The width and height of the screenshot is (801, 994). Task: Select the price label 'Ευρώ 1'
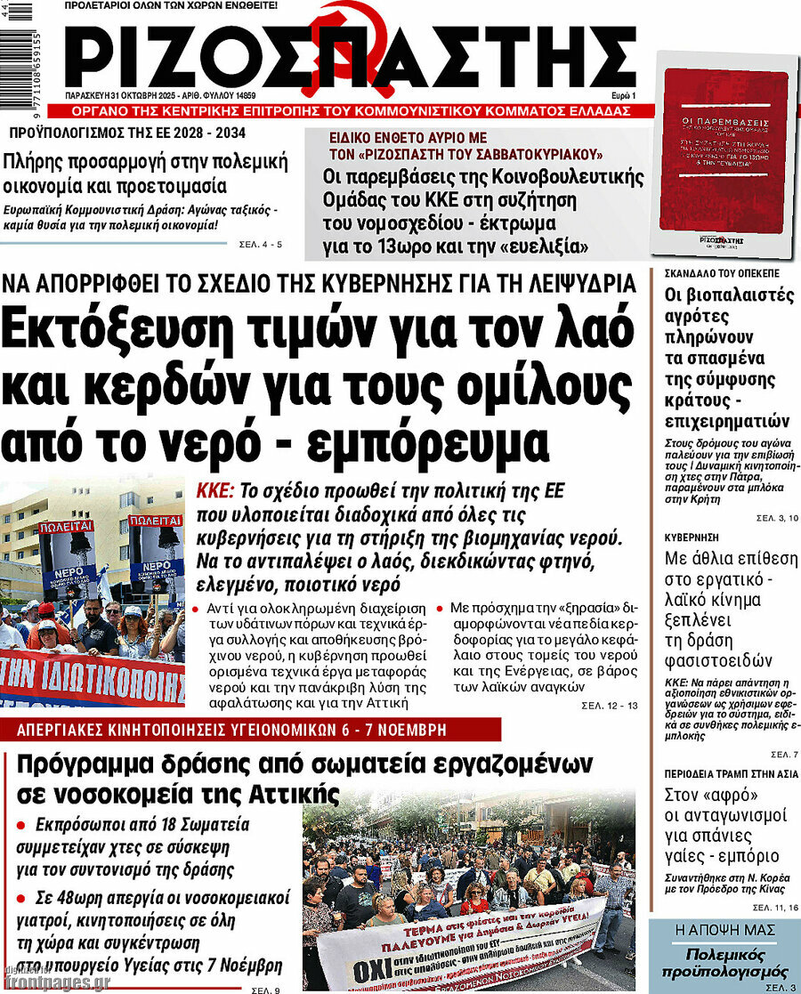[622, 95]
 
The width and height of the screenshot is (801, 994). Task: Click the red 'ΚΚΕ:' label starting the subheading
[214, 491]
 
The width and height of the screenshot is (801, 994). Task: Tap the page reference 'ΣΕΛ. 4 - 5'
[261, 244]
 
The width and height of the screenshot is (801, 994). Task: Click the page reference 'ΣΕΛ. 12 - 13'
[610, 706]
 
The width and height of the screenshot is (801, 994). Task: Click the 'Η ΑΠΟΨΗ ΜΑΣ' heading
[724, 931]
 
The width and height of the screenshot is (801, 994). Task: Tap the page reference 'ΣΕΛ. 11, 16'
[774, 906]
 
